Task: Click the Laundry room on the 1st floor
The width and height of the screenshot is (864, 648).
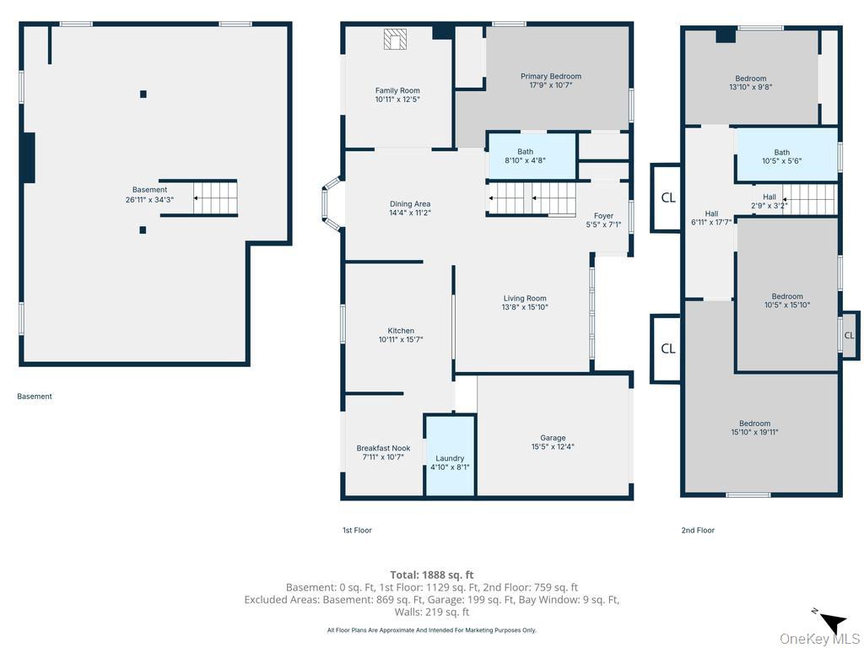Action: click(x=450, y=456)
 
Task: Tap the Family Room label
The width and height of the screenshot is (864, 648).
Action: click(x=397, y=91)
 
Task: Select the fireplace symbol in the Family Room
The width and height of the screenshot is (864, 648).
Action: click(x=395, y=39)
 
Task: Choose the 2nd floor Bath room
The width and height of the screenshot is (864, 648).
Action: click(x=786, y=155)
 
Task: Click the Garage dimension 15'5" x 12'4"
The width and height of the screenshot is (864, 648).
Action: click(x=552, y=447)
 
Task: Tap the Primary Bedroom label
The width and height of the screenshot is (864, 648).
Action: click(x=550, y=77)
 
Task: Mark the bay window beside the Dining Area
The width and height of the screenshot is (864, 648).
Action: click(x=332, y=202)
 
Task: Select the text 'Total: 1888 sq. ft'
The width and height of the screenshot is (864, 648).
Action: click(x=431, y=575)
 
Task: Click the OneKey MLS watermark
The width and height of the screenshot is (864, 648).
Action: click(x=819, y=640)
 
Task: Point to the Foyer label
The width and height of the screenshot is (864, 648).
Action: click(x=603, y=216)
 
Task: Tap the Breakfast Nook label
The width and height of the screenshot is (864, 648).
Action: click(x=384, y=449)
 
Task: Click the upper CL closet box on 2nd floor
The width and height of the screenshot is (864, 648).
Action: click(x=667, y=197)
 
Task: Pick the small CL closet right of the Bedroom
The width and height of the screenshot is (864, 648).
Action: click(x=849, y=335)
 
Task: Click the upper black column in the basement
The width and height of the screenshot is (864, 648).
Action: click(x=143, y=94)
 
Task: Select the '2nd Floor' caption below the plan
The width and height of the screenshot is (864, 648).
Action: click(x=698, y=530)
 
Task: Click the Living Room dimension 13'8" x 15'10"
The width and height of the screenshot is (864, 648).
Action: click(x=525, y=307)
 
